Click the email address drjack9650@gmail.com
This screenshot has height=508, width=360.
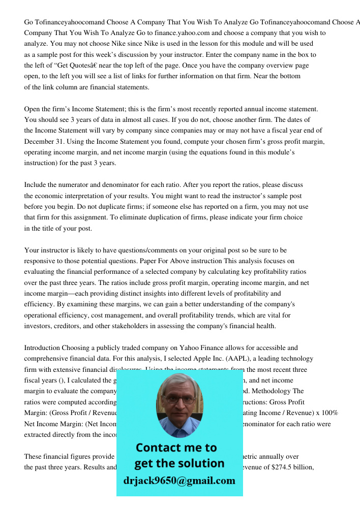179,481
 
